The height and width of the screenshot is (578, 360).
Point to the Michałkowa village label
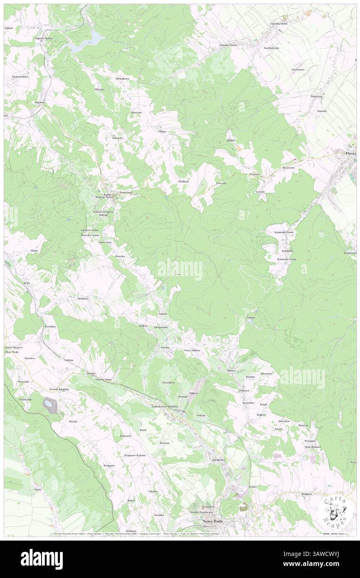(122, 78)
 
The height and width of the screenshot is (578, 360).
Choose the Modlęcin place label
(183, 182)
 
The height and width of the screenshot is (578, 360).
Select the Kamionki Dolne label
(284, 232)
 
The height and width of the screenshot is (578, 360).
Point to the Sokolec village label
(163, 313)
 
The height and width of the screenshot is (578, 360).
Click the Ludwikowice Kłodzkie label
(165, 406)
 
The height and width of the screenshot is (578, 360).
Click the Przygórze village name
(310, 440)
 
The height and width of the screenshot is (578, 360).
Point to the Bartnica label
(30, 358)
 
